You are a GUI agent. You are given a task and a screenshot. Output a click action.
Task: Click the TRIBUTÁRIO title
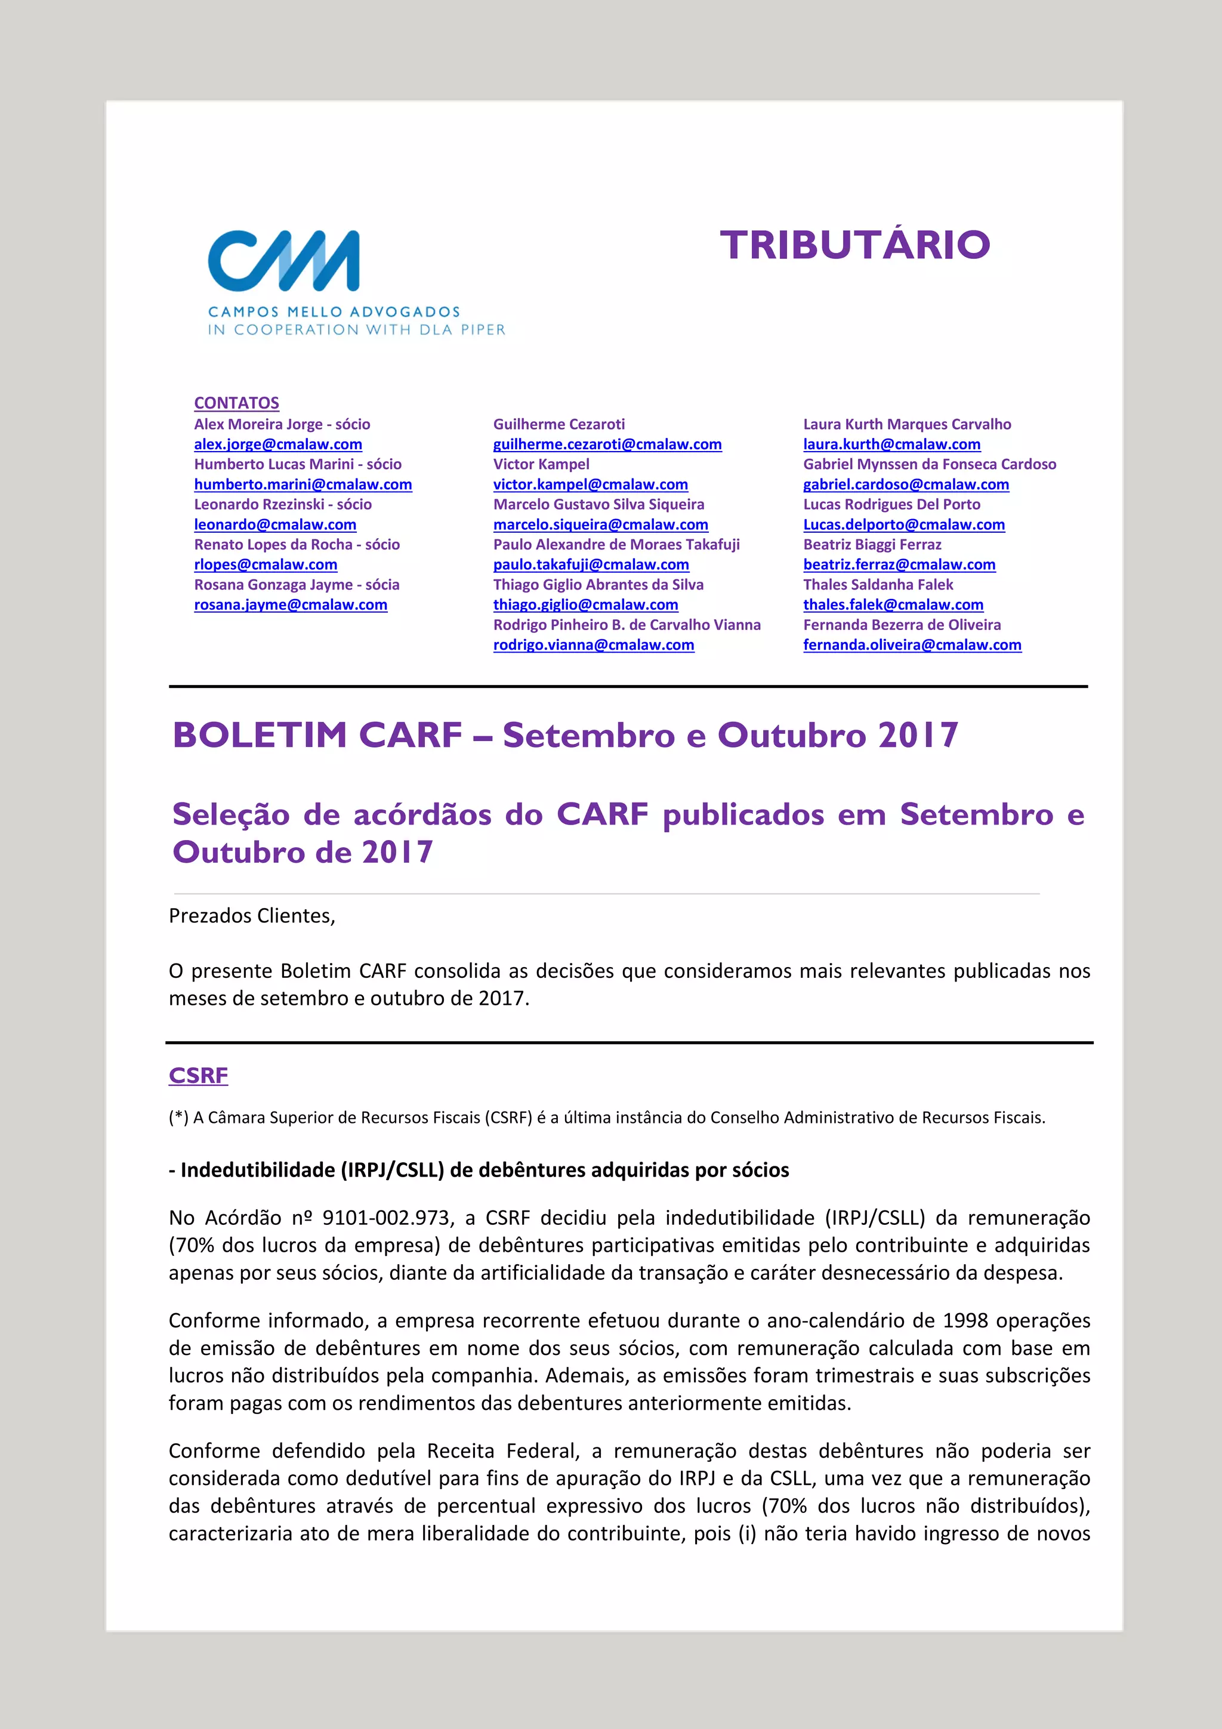[x=854, y=245]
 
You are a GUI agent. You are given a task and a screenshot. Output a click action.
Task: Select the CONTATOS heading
[x=236, y=403]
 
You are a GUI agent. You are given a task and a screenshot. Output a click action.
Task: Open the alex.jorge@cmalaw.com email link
[x=278, y=444]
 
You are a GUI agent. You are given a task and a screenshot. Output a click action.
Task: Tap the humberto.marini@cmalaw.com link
[x=303, y=484]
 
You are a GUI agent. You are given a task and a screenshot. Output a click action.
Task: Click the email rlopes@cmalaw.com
[x=265, y=565]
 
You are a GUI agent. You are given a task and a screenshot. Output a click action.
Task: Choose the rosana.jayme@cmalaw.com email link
[x=291, y=605]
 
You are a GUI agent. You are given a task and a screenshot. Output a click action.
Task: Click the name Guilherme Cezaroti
[x=558, y=424]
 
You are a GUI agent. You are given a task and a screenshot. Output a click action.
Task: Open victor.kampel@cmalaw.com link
[x=590, y=484]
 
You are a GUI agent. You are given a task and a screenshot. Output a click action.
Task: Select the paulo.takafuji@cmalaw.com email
[x=591, y=565]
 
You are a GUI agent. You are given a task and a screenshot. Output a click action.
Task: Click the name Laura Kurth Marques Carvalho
[x=906, y=424]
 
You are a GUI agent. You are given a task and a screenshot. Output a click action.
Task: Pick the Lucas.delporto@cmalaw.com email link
[x=903, y=525]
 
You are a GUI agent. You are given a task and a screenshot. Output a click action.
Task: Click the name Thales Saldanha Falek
[x=878, y=584]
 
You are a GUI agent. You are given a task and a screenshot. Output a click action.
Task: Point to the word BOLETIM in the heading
[x=258, y=735]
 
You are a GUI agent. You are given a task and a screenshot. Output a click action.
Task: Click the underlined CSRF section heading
[x=198, y=1075]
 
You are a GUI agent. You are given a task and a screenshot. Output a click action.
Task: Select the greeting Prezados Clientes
[x=251, y=916]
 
